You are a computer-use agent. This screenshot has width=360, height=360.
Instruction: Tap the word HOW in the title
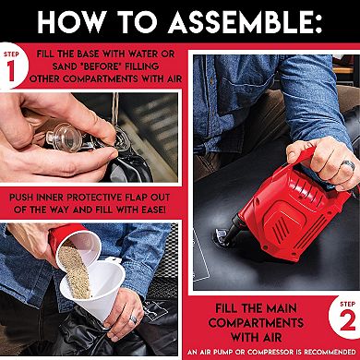click(71, 22)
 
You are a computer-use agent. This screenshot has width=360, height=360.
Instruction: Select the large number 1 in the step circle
click(11, 71)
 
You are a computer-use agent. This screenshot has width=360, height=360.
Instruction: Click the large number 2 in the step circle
click(348, 320)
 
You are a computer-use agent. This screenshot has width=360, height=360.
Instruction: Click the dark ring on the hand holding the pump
click(349, 165)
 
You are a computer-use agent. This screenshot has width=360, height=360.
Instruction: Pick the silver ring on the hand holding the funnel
click(133, 319)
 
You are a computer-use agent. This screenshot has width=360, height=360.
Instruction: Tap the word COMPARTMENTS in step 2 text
click(256, 322)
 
